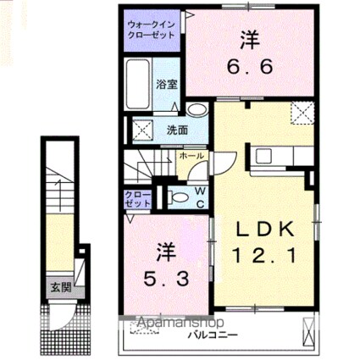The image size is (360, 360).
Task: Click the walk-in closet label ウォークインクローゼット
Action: (x=152, y=30)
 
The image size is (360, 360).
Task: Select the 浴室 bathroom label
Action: (x=166, y=85)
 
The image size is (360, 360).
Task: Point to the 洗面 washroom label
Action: (x=176, y=130)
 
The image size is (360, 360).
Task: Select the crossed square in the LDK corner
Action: (x=302, y=111)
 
